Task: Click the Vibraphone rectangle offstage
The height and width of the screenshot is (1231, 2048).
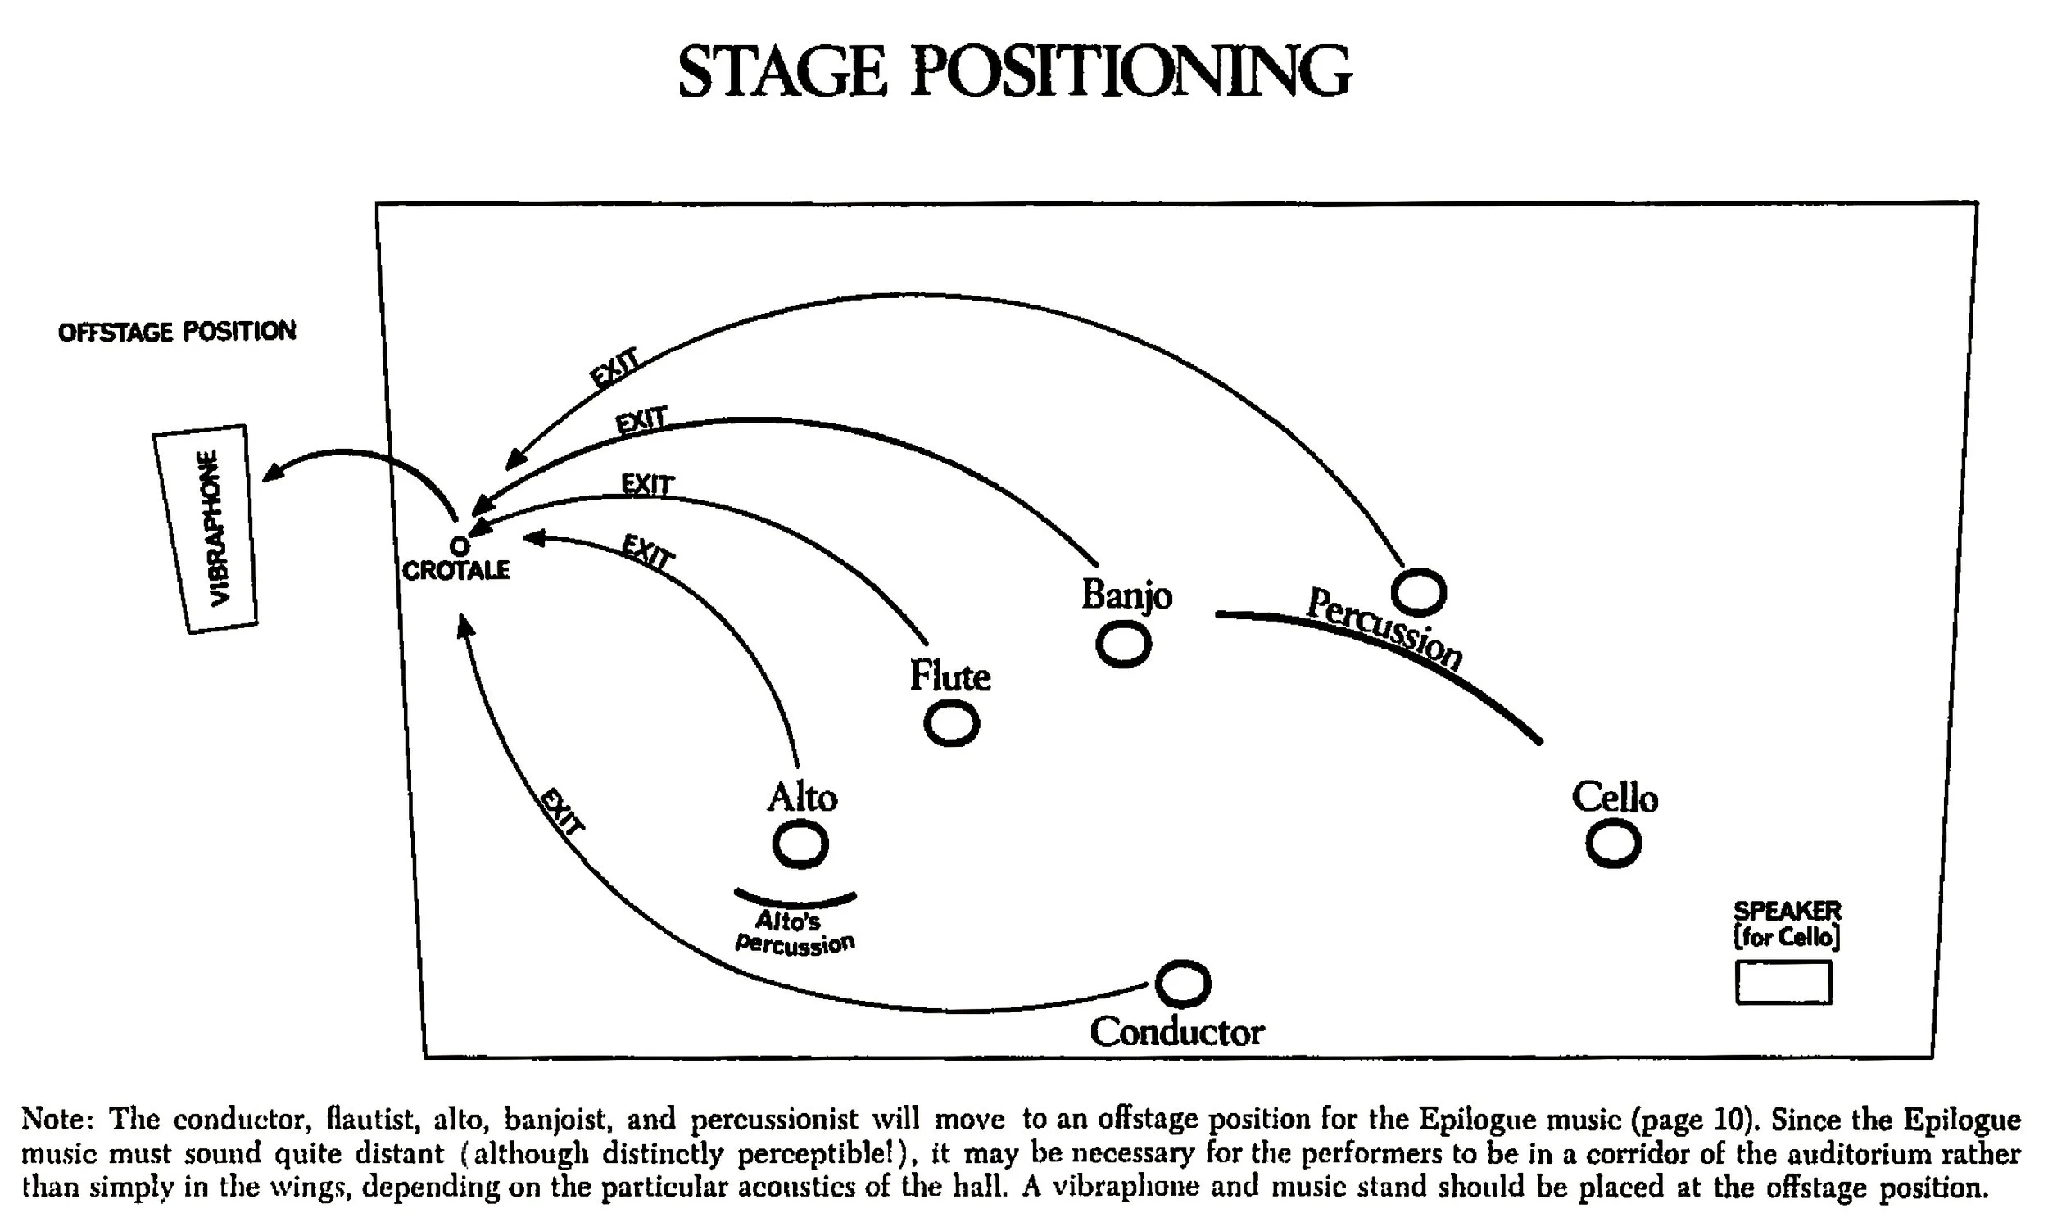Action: (205, 528)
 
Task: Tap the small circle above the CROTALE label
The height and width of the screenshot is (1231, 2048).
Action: (459, 545)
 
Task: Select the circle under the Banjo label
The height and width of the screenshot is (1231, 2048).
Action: (1123, 645)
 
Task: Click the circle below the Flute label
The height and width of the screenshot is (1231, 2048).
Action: (951, 723)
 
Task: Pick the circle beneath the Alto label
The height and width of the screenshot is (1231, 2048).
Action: (800, 844)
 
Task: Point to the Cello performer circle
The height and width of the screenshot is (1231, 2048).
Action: (1612, 843)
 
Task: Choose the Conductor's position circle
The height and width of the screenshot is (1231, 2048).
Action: (1183, 984)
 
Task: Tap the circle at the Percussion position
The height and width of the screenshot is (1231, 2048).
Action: (1418, 592)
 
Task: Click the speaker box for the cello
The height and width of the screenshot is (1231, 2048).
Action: (1783, 982)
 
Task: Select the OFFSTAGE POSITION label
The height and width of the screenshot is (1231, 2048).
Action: (177, 332)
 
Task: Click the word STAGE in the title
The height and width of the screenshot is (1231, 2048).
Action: (782, 72)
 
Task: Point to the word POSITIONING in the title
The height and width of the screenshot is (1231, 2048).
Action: (1130, 72)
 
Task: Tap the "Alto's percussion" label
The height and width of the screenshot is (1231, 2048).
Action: (794, 932)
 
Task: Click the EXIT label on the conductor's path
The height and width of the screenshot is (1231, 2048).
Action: (563, 812)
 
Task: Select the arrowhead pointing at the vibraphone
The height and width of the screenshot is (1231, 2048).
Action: (271, 473)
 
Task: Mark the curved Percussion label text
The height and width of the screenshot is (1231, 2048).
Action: (1384, 628)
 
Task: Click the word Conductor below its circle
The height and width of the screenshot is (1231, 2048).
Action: (1176, 1032)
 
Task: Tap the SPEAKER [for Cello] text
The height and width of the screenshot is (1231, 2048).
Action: (1787, 924)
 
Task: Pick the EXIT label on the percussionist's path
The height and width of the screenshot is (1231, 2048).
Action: (614, 368)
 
